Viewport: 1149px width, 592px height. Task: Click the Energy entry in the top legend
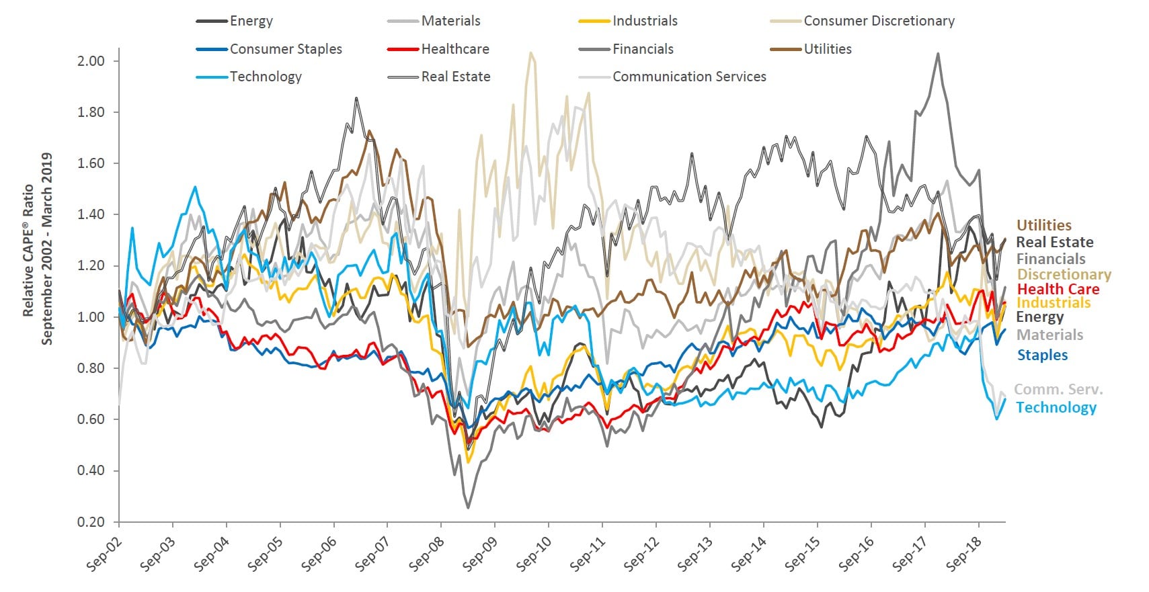[251, 21]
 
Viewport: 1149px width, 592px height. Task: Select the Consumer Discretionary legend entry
[879, 21]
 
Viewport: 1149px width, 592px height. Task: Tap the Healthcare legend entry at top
[454, 49]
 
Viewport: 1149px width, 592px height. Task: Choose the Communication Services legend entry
[688, 77]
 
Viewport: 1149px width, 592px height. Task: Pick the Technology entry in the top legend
[266, 77]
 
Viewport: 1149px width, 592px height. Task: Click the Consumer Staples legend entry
[285, 49]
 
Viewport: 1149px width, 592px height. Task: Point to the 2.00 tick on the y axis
[91, 61]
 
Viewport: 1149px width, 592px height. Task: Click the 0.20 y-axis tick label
[91, 522]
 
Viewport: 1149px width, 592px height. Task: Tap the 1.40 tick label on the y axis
[91, 214]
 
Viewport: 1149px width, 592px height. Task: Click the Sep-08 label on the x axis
[426, 554]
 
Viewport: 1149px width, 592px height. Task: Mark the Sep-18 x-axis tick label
[963, 554]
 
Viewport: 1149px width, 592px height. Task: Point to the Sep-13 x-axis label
[695, 554]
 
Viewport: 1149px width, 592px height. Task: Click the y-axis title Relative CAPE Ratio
[28, 249]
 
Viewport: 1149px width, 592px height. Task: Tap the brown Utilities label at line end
[1043, 225]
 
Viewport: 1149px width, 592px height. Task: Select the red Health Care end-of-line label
[1058, 289]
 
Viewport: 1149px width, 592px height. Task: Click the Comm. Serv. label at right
[1058, 390]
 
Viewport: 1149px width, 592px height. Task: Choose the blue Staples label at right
[1042, 355]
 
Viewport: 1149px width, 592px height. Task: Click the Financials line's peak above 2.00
[938, 54]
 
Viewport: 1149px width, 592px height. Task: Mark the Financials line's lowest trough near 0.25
[467, 508]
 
